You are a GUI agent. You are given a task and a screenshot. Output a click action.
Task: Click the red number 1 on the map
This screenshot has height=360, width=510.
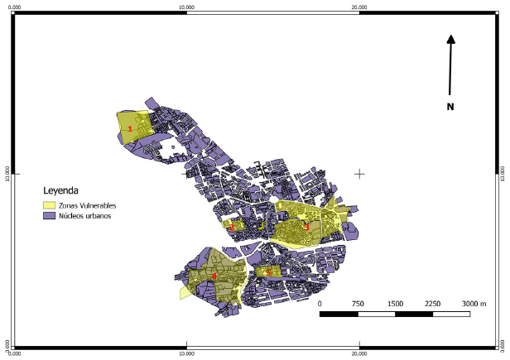coord(130,128)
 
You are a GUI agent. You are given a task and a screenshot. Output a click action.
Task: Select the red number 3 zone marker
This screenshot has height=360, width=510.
coord(306,228)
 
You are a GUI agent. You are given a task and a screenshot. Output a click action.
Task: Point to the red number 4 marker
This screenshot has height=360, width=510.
coord(214,276)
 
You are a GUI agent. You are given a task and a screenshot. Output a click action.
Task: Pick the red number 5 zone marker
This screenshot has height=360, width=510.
coord(267,271)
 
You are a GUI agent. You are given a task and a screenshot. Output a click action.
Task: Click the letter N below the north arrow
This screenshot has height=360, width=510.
coord(450,107)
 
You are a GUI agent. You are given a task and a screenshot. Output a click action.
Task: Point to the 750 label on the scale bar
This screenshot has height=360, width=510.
coord(358,304)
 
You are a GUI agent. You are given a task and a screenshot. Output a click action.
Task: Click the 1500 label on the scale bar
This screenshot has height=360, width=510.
coord(395,304)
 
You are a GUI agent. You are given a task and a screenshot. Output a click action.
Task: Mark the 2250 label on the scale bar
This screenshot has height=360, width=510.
coord(433,304)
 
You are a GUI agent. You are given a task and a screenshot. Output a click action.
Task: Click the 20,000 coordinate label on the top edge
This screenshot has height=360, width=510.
coord(359,7)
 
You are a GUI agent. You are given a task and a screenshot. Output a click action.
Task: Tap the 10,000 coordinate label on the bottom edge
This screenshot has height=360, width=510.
coord(187,354)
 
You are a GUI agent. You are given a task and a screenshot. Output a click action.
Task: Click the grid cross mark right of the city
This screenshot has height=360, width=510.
coord(359,174)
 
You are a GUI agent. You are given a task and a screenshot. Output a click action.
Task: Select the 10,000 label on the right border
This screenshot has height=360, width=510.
coord(505,174)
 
